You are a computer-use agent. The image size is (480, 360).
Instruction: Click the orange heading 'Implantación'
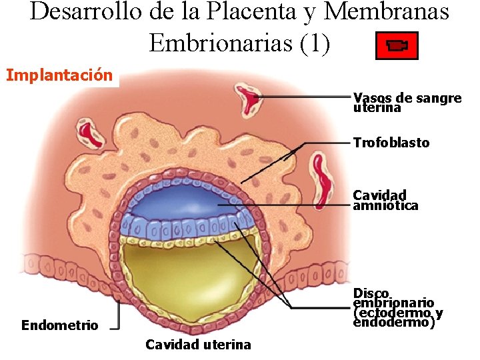coord(59,75)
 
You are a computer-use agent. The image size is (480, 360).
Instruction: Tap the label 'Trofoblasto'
coord(391,143)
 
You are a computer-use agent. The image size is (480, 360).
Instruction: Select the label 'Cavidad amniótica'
coord(385,200)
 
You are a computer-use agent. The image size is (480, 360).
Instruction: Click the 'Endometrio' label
coord(59,325)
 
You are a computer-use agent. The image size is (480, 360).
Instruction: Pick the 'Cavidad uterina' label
coord(198,344)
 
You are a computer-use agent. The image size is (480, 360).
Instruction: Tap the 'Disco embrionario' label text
coord(397,307)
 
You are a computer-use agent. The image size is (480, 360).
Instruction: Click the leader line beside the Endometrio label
coord(118,317)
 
